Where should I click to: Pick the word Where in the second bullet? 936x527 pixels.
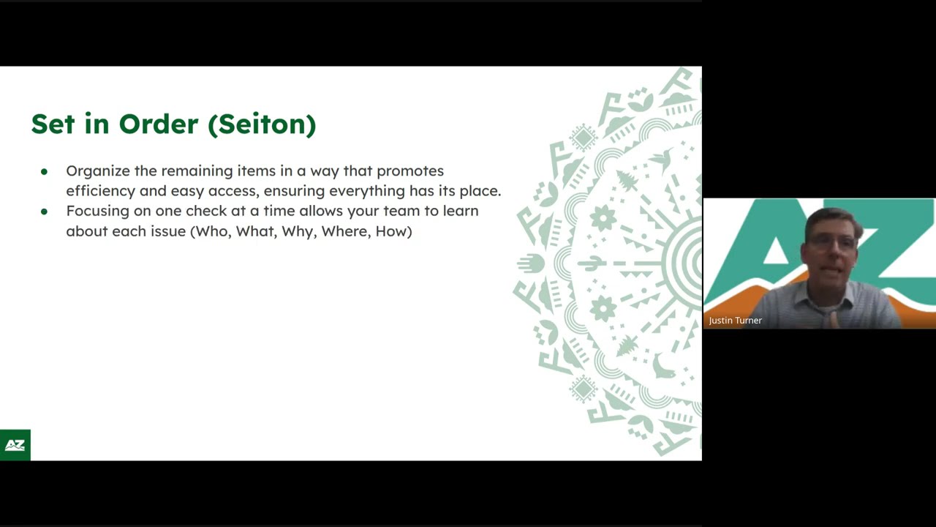coord(344,231)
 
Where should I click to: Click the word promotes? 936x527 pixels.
coord(409,171)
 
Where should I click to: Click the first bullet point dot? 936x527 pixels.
coord(44,171)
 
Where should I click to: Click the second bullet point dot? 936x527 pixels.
coord(44,212)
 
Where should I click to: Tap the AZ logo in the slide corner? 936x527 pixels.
coord(15,445)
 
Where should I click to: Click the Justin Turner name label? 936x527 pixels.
coord(735,321)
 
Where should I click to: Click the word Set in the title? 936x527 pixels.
coord(53,124)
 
